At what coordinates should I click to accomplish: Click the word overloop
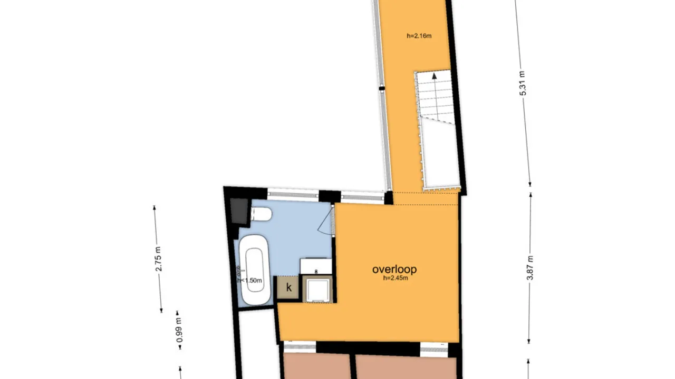(394, 270)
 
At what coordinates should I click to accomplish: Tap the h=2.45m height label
(395, 278)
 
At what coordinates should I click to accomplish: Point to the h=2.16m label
(419, 36)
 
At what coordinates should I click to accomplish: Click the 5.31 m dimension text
(523, 83)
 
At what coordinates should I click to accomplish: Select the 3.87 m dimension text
(530, 267)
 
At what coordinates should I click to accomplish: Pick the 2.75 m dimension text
(158, 258)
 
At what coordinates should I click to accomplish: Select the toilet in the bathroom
(262, 214)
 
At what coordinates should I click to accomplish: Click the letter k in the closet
(288, 288)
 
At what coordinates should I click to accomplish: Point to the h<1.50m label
(249, 281)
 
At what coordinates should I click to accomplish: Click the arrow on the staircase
(435, 77)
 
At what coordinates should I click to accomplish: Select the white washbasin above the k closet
(316, 266)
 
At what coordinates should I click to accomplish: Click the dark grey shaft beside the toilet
(239, 211)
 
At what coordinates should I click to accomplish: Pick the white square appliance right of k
(318, 289)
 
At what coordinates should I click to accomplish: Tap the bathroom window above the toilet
(293, 194)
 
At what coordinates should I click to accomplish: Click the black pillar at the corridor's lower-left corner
(389, 198)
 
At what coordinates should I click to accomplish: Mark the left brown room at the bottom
(316, 367)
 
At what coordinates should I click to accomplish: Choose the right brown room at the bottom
(405, 367)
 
